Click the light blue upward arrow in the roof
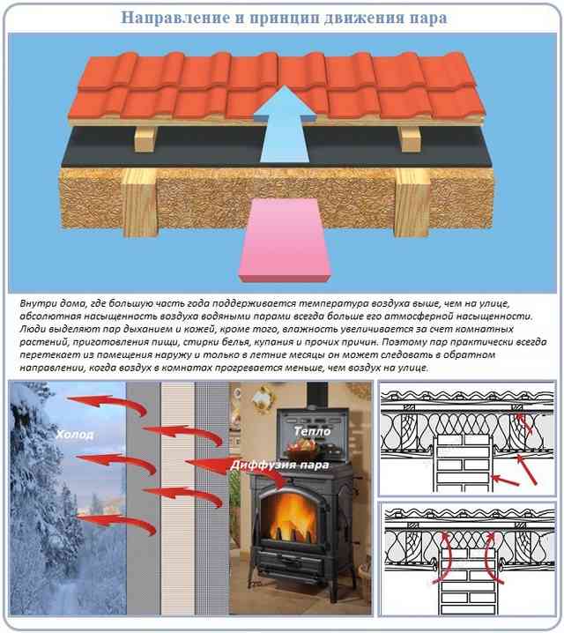point(285,124)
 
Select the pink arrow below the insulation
point(286,240)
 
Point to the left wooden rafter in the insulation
point(139,202)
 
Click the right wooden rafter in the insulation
point(412,202)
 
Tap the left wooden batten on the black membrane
point(145,138)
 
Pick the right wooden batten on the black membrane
point(409,138)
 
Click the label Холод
point(75,435)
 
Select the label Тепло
point(312,431)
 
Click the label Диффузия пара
point(279,465)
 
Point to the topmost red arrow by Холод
point(107,404)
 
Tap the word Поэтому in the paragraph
point(403,342)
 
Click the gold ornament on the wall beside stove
point(263,398)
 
